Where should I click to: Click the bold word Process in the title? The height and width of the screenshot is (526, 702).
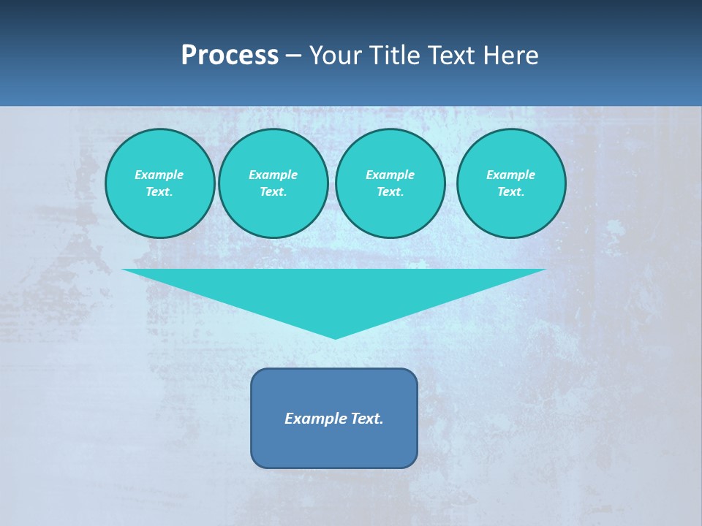click(230, 55)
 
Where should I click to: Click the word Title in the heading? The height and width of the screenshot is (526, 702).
click(394, 55)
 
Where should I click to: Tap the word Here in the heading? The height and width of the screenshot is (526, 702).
click(511, 55)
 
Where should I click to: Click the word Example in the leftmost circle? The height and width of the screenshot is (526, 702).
click(159, 175)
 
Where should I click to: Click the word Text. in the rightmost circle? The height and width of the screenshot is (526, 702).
click(511, 192)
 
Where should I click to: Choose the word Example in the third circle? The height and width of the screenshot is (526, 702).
click(390, 175)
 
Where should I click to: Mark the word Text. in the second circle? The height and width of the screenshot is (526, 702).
click(273, 192)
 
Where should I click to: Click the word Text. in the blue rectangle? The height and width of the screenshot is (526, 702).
click(367, 419)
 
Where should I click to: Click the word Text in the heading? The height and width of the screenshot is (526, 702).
click(451, 55)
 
